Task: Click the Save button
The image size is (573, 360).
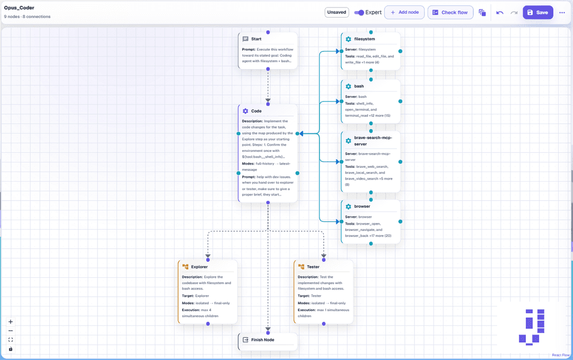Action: [x=538, y=12]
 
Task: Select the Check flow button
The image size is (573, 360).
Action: [x=450, y=12]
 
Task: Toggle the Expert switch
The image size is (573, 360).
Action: [x=359, y=12]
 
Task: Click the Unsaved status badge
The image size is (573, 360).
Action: [x=336, y=12]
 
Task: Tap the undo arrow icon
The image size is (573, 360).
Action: [x=500, y=12]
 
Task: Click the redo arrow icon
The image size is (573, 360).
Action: [x=514, y=12]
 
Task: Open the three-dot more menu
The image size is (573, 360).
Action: [x=562, y=12]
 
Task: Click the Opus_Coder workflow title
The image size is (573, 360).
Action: [x=19, y=7]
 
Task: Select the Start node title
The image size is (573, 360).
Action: [x=256, y=39]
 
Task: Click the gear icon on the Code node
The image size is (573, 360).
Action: [x=245, y=111]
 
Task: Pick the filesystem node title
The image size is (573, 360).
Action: [x=364, y=39]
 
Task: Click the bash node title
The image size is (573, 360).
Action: [x=359, y=87]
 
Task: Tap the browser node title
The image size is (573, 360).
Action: [x=362, y=207]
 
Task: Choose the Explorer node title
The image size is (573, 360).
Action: [x=199, y=267]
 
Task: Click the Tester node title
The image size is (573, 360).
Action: [x=313, y=267]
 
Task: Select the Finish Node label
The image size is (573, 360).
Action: [x=263, y=340]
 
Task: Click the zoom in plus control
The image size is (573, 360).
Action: [x=11, y=322]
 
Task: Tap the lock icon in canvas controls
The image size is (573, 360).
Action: [x=11, y=349]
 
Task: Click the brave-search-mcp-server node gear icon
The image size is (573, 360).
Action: [x=348, y=141]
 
